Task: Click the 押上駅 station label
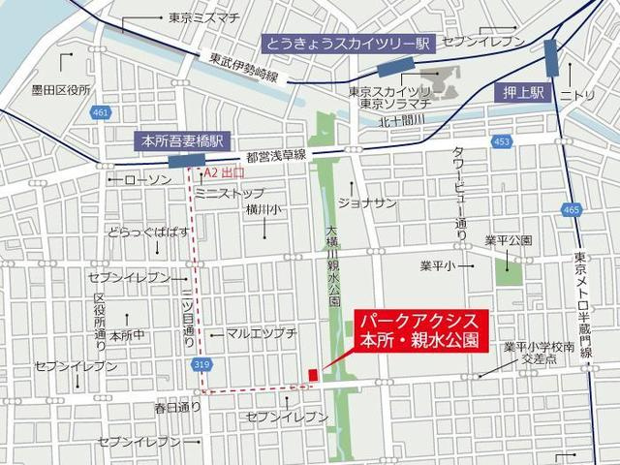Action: pyautogui.click(x=526, y=93)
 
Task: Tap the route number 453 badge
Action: pyautogui.click(x=500, y=142)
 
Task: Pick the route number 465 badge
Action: pyautogui.click(x=570, y=210)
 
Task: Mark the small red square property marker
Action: pyautogui.click(x=313, y=375)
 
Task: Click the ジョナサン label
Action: pyautogui.click(x=369, y=202)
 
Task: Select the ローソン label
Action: pyautogui.click(x=147, y=180)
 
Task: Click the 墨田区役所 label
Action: pyautogui.click(x=60, y=89)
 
